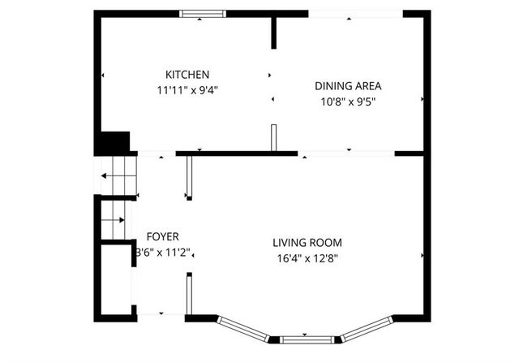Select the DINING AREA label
(348, 85)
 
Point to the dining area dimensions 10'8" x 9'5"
(348, 102)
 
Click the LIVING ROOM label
(307, 242)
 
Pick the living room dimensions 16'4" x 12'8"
(307, 259)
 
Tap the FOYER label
(162, 236)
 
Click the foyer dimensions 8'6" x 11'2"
(163, 253)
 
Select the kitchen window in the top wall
(203, 13)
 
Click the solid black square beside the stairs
(113, 142)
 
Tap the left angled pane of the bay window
(243, 326)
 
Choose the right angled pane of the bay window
(366, 326)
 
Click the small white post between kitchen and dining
(274, 136)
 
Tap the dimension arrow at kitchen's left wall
(103, 76)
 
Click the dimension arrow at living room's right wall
(422, 256)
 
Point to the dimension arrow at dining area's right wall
(422, 99)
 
